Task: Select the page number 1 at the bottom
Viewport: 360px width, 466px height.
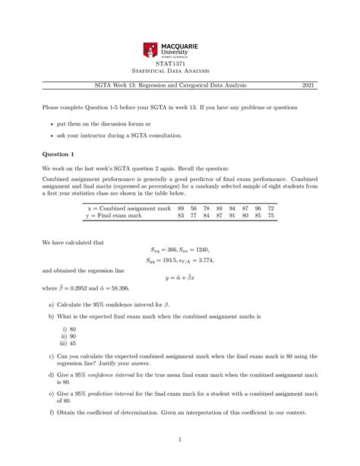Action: coord(179,439)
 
